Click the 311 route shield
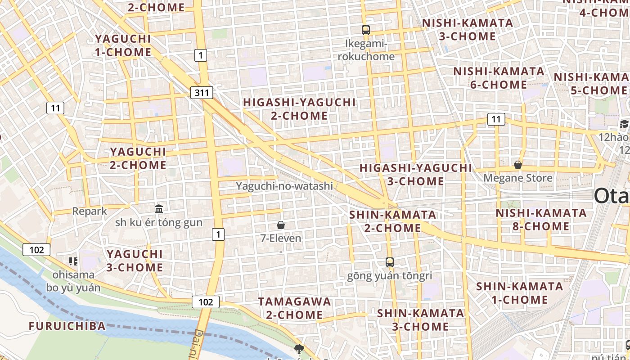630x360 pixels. coord(202,93)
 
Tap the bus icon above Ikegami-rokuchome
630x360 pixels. coord(366,30)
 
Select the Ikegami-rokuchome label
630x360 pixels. coord(366,50)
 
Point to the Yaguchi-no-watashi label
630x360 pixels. coord(284,185)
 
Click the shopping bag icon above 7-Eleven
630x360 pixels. coord(281,225)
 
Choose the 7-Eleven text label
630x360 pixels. coord(281,238)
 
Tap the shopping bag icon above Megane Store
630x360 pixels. coord(518,165)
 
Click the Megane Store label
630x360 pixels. coord(518,178)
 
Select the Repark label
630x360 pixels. coord(90,211)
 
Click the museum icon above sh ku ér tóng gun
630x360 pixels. coord(159,209)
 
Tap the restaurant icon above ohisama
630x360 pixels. coord(73,261)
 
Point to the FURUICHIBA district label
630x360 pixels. coord(67,326)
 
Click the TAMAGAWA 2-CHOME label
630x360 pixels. coord(294,308)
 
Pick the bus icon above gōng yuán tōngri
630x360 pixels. coord(390,262)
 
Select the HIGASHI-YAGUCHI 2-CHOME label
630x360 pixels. coord(299,109)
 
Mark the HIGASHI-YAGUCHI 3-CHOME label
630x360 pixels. coord(416,175)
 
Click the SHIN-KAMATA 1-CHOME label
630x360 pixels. coord(520,293)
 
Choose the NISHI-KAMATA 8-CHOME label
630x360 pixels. coord(541,219)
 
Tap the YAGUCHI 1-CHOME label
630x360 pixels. coord(123,45)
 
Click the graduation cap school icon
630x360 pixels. coord(624,124)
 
